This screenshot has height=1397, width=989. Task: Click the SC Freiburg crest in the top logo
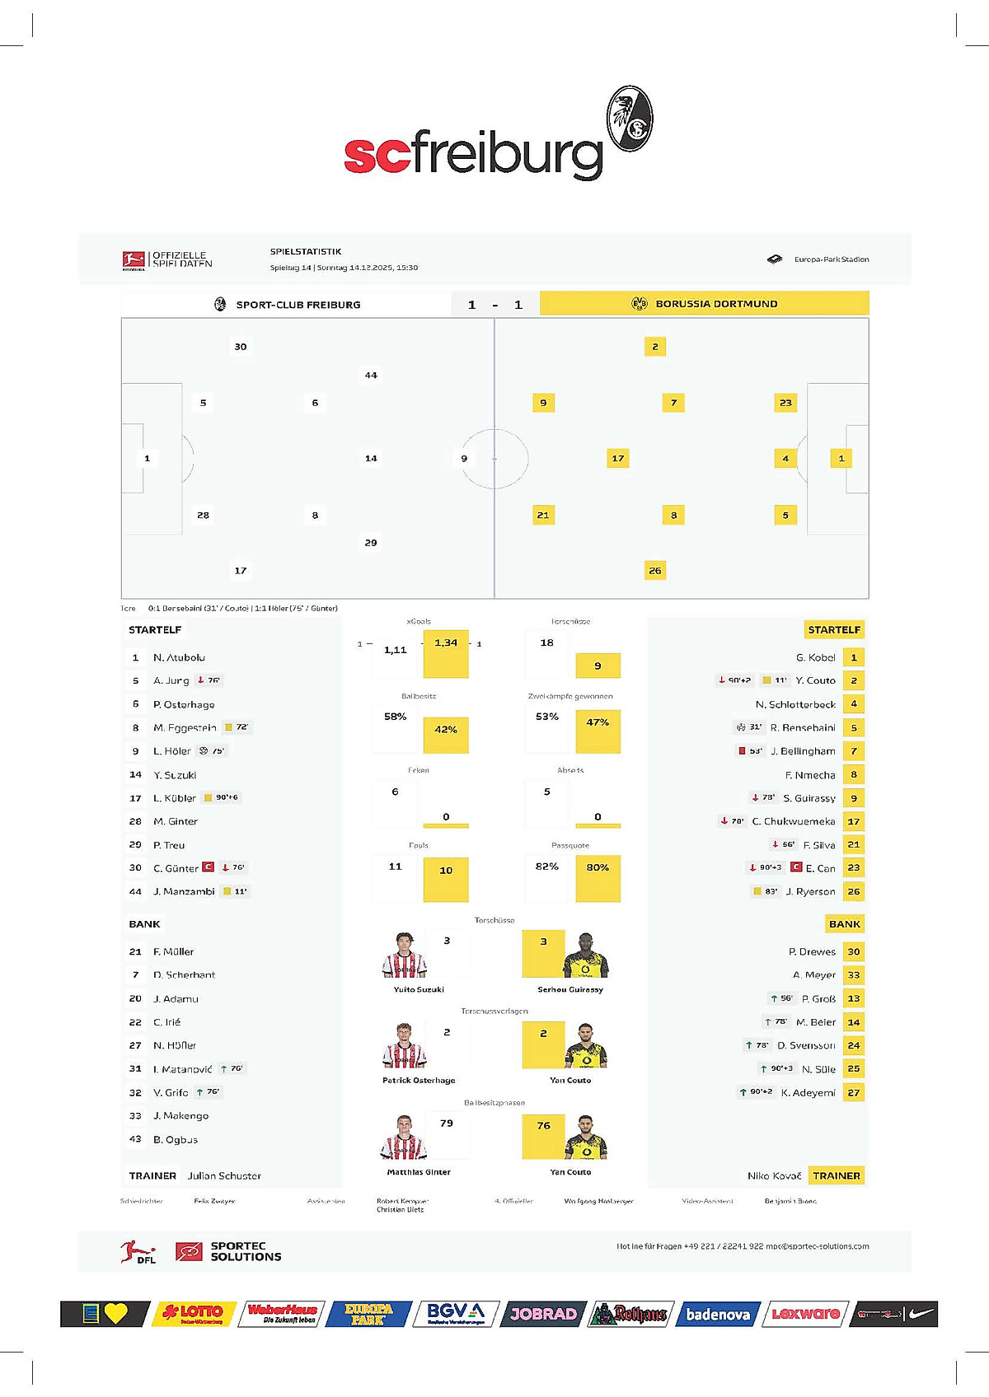pyautogui.click(x=630, y=119)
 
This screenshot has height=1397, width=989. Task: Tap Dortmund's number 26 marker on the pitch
pyautogui.click(x=654, y=570)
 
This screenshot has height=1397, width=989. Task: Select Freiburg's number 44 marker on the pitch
pyautogui.click(x=371, y=375)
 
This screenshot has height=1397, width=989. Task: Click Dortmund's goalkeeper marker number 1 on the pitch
pyautogui.click(x=841, y=458)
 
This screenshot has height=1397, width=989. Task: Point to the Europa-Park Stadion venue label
pyautogui.click(x=831, y=259)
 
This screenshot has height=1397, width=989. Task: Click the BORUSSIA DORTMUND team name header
pyautogui.click(x=716, y=304)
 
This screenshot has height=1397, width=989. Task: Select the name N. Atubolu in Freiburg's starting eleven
pyautogui.click(x=179, y=657)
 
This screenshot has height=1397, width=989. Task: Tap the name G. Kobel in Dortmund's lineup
pyautogui.click(x=815, y=657)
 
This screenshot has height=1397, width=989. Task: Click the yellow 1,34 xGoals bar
pyautogui.click(x=446, y=655)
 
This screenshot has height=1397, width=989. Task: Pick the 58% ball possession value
pyautogui.click(x=395, y=717)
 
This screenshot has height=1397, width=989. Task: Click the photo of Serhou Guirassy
pyautogui.click(x=585, y=955)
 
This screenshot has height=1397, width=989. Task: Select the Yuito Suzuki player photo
pyautogui.click(x=404, y=955)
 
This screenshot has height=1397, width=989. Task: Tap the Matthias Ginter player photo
pyautogui.click(x=404, y=1138)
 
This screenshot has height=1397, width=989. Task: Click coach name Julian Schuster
pyautogui.click(x=224, y=1175)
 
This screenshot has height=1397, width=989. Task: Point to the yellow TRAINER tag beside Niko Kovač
pyautogui.click(x=836, y=1175)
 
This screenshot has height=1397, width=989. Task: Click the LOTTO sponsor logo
pyautogui.click(x=193, y=1313)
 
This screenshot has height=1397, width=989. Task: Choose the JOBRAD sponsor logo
pyautogui.click(x=542, y=1314)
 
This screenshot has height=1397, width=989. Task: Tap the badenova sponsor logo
pyautogui.click(x=718, y=1314)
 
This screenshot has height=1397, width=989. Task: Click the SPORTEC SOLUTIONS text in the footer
pyautogui.click(x=246, y=1251)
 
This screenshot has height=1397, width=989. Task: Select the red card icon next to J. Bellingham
pyautogui.click(x=742, y=751)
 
